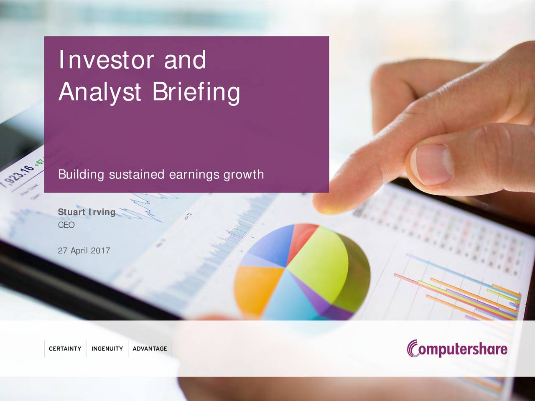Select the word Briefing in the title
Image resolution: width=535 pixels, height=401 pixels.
196,92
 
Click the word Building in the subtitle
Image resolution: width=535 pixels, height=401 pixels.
81,174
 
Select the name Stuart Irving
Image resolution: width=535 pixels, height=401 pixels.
87,212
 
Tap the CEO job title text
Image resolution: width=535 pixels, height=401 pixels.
66,225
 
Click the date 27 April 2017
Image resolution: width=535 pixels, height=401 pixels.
84,251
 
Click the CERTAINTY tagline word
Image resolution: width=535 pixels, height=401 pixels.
65,349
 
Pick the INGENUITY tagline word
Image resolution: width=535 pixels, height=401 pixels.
107,349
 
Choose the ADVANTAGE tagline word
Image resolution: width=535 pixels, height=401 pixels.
150,349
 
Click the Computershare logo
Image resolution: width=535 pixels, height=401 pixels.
457,349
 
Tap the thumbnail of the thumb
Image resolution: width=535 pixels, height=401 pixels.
431,164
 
